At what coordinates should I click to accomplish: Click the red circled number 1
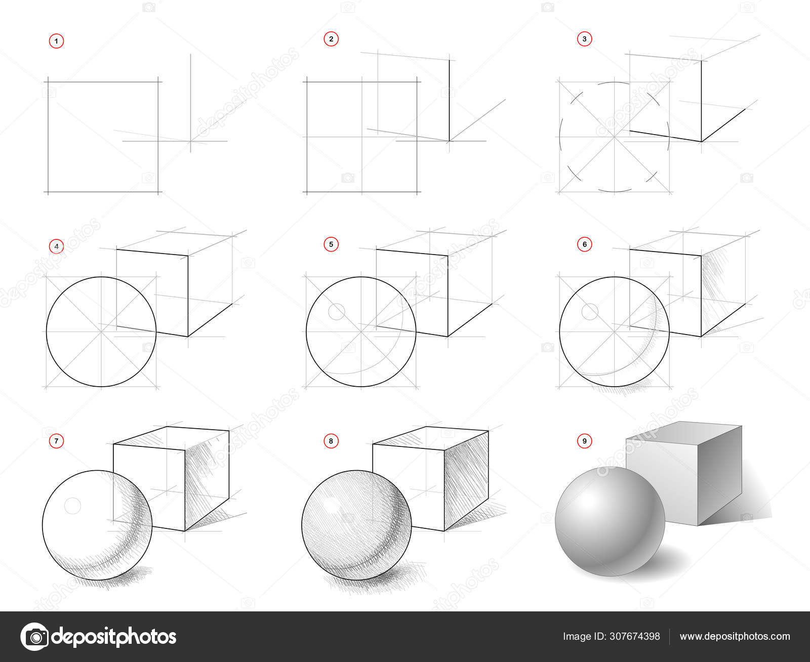coord(57,41)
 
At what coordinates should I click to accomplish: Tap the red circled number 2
coord(331,39)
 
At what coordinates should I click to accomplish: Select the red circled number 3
coord(585,39)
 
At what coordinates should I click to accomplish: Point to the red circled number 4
coord(57,246)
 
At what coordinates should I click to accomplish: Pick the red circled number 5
coord(331,244)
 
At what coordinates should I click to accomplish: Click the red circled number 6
coord(585,244)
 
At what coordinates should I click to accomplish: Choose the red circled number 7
coord(57,441)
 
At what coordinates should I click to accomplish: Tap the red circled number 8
coord(331,441)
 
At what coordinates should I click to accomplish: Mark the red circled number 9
coord(585,441)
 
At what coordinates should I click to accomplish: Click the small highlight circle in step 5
coord(337,312)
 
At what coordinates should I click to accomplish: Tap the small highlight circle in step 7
coord(72,506)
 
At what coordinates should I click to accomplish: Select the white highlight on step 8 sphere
coord(331,504)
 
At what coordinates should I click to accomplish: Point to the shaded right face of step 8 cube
coord(466,480)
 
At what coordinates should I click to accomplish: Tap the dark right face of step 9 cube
coord(720,475)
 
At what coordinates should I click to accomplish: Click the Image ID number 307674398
coord(634,636)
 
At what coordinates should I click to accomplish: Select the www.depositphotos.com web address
coord(735,636)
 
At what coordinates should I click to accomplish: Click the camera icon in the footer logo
coord(35,637)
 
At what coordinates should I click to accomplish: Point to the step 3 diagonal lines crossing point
coord(614,137)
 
